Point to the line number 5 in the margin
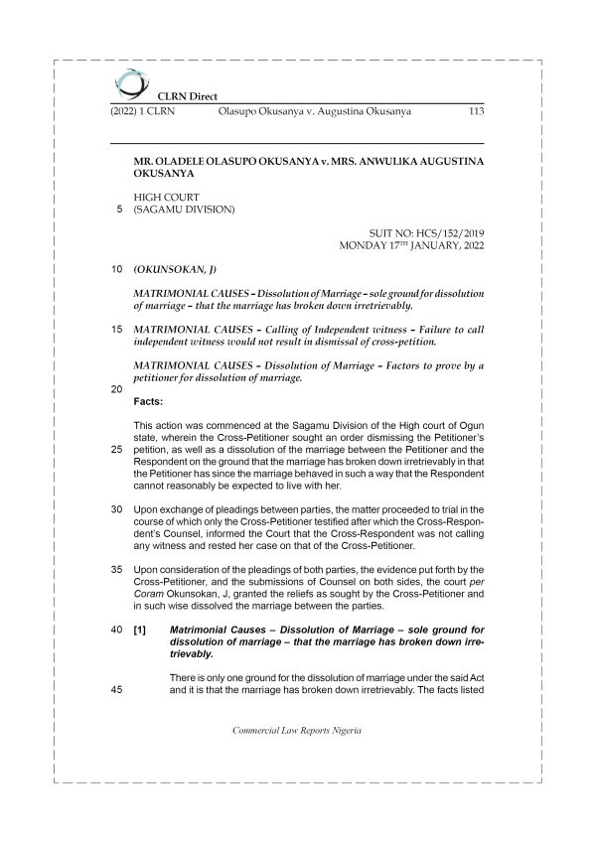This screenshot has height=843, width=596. tap(119, 211)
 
